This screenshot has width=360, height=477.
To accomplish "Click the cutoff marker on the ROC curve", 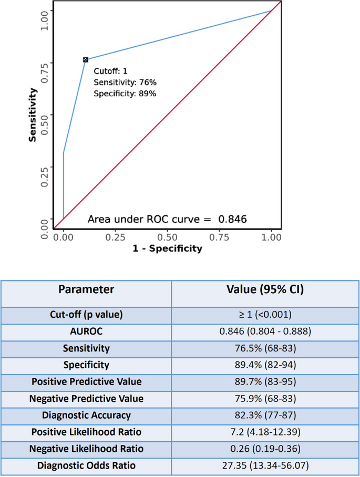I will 85,60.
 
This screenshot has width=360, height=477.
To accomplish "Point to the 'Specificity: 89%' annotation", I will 125,94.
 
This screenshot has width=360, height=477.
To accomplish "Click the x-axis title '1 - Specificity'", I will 167,248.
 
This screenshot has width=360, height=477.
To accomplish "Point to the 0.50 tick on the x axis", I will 167,237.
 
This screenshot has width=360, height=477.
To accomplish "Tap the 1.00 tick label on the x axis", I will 271,237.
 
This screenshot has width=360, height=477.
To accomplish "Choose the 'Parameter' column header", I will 86,289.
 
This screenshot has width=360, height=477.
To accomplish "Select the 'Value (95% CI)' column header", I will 265,289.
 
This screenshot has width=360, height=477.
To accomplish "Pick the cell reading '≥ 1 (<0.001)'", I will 265,315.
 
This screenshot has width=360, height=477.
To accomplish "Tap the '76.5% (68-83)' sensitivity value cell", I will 265,348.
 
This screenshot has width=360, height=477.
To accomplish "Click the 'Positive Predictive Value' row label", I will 86,381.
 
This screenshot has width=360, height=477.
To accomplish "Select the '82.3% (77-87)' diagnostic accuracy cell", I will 265,415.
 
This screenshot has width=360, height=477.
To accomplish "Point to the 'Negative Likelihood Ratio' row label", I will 86,449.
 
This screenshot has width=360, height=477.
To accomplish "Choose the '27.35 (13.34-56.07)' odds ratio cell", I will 265,465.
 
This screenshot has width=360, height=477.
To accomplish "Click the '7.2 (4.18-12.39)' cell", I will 265,432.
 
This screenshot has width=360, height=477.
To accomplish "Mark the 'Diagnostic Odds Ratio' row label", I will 86,465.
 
